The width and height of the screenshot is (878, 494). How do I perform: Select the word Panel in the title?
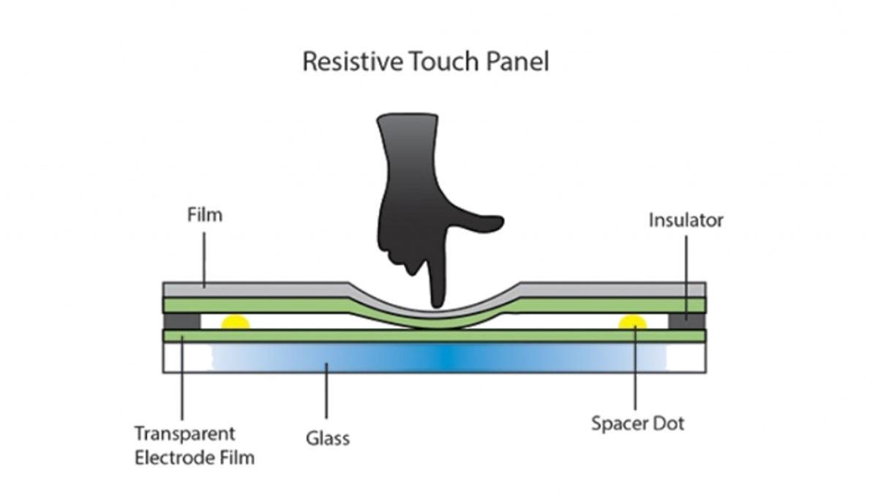pos(518,61)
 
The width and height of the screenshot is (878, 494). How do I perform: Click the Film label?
pos(204,215)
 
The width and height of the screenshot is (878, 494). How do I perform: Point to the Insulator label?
pos(686,220)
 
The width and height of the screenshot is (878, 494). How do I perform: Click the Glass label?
pos(327,438)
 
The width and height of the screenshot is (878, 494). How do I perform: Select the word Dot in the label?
pos(671,423)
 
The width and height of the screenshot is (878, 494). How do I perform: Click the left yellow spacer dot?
pos(236,322)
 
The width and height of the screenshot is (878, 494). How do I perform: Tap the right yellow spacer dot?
pos(633,322)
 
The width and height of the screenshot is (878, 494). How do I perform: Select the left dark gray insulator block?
pos(181,321)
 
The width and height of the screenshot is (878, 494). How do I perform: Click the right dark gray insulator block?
pos(687,321)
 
